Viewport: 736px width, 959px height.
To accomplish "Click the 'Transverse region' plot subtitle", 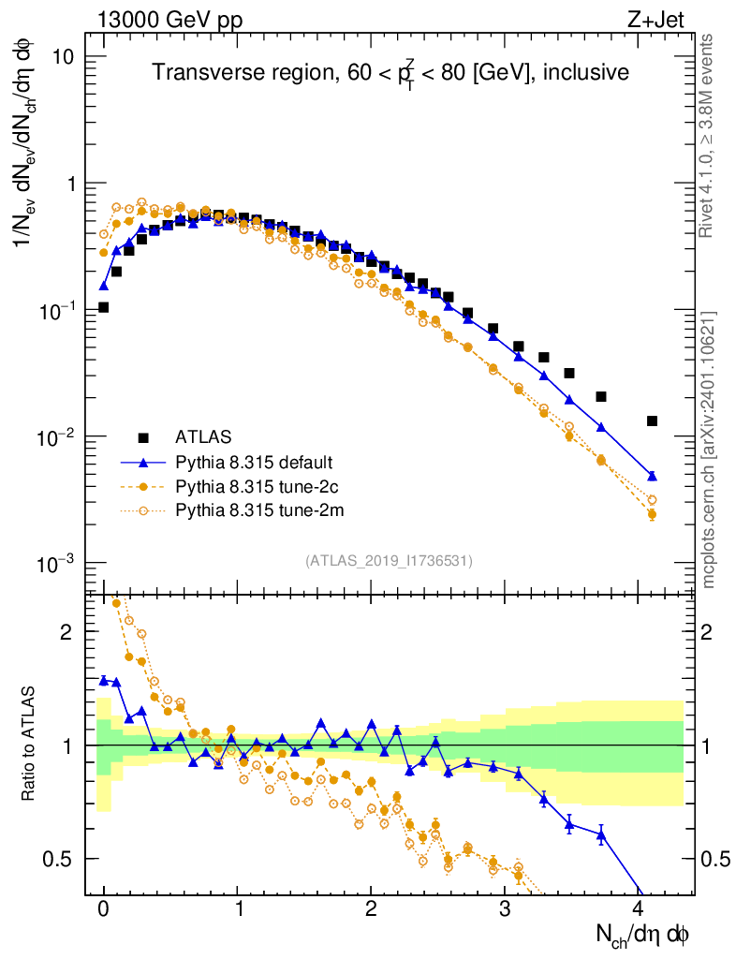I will click(x=390, y=72).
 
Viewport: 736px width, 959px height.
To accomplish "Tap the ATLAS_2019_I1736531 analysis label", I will click(x=388, y=561).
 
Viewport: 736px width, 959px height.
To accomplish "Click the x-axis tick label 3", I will click(x=505, y=909).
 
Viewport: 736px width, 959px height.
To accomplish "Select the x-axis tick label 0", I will click(x=103, y=909).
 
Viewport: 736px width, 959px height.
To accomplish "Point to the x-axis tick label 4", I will click(x=639, y=909).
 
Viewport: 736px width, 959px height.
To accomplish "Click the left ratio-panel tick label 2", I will click(x=67, y=632).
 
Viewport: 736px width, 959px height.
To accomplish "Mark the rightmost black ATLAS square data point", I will click(x=652, y=421).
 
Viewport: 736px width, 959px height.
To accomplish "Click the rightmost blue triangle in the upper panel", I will click(x=652, y=476).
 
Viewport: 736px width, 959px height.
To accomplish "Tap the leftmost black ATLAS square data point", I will click(x=103, y=307).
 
